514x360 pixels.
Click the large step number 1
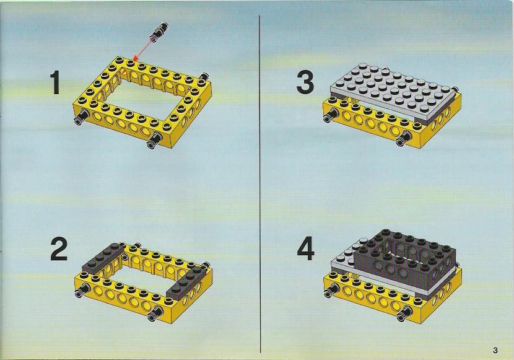(x=55, y=83)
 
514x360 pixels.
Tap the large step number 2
(x=59, y=249)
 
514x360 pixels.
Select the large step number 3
(x=305, y=82)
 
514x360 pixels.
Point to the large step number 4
(x=305, y=250)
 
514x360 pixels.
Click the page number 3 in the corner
(x=495, y=350)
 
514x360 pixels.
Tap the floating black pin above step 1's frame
(x=159, y=31)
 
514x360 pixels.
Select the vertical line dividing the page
(x=260, y=183)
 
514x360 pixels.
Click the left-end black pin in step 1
(x=81, y=117)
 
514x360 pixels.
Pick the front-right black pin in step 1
(x=154, y=140)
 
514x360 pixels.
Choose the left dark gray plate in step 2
(x=103, y=258)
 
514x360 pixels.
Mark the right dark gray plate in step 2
(x=185, y=281)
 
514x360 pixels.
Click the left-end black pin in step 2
(x=82, y=290)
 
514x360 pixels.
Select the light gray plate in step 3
(x=393, y=92)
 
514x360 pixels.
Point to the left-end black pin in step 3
(x=331, y=115)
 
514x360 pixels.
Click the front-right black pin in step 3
(x=404, y=138)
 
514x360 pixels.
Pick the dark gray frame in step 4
(x=404, y=261)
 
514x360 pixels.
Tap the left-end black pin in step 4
(x=332, y=290)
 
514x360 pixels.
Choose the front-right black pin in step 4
(x=404, y=313)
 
